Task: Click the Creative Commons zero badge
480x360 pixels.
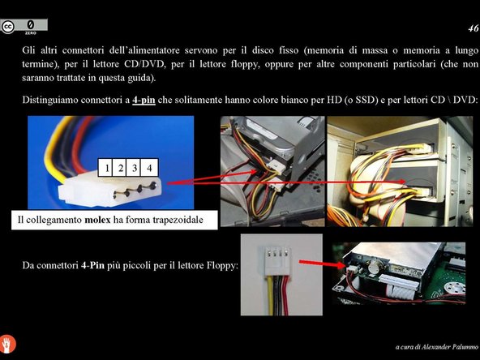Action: [x=24, y=27]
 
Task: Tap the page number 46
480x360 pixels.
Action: [x=474, y=28]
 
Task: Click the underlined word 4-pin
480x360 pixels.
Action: [x=144, y=100]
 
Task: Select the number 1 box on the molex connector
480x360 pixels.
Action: [x=105, y=168]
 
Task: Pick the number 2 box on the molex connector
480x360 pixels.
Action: [x=119, y=168]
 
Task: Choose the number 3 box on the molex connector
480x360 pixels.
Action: [x=133, y=168]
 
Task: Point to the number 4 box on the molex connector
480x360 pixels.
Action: [x=149, y=168]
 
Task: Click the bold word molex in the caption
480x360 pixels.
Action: [x=97, y=220]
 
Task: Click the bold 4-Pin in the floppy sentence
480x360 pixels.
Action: [x=92, y=265]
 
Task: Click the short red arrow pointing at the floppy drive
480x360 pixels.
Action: [x=322, y=264]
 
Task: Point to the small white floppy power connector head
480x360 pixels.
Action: [x=276, y=261]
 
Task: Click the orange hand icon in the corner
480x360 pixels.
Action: [x=7, y=344]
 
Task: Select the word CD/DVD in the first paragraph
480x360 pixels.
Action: [x=144, y=64]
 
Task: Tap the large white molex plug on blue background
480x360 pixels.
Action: [x=109, y=188]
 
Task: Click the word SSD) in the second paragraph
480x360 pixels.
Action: [x=366, y=100]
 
